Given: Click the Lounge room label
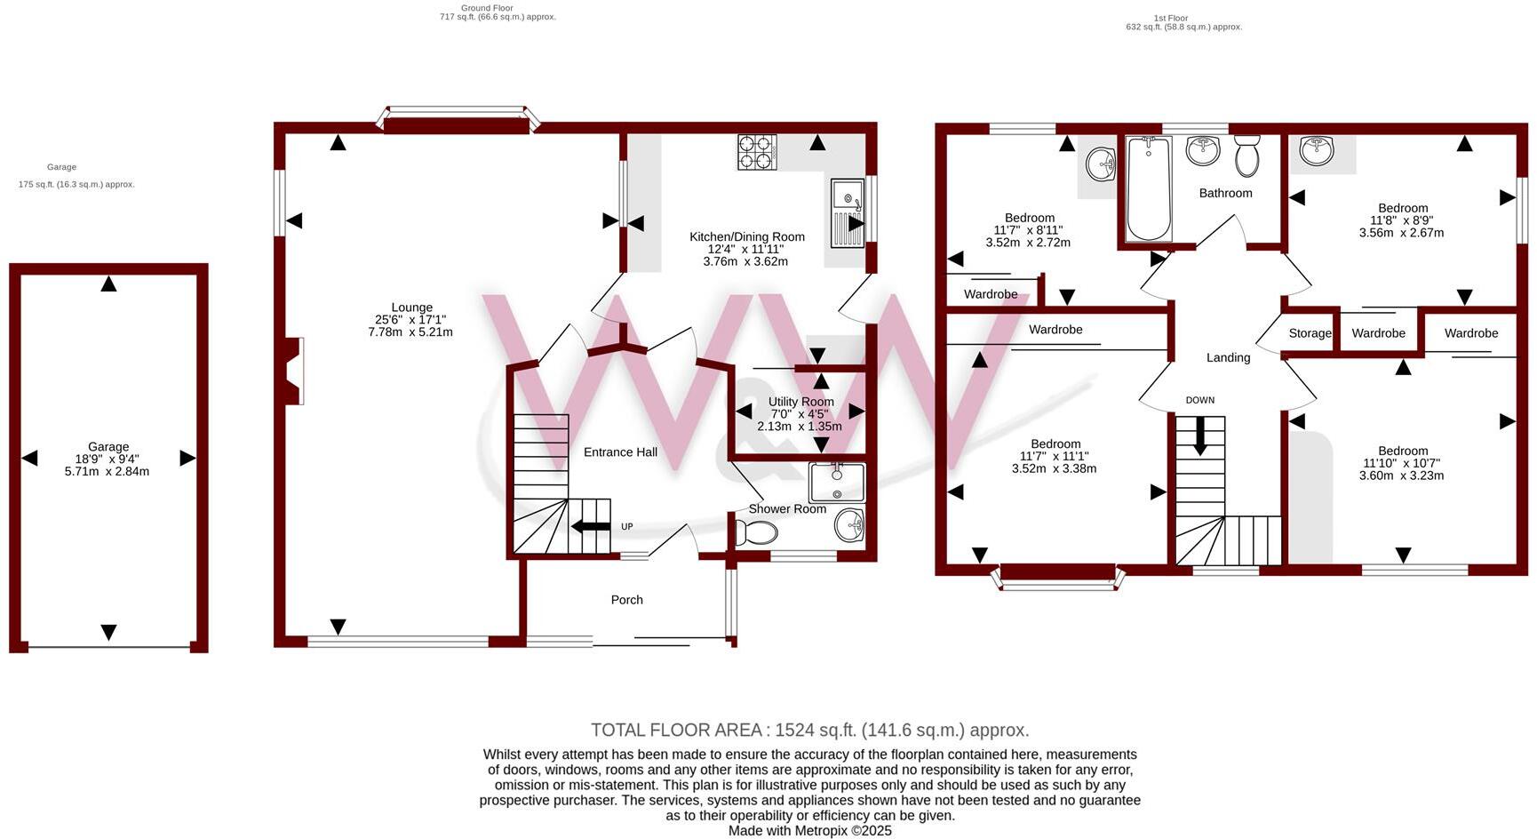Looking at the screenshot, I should point(411,308).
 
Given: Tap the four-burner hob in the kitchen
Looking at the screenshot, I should point(756,152).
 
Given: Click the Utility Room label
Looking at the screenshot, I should point(800,402).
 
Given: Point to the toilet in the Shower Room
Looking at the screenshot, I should point(756,532).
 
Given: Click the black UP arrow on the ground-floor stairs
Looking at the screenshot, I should point(590,527).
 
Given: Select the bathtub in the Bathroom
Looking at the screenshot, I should point(1148,188).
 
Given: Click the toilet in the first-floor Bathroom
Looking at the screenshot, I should point(1247,156).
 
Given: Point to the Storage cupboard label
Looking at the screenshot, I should point(1310,333).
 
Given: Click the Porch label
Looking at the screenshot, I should point(626,600).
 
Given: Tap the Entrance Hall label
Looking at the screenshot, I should point(620,452).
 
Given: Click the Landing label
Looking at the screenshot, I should point(1228,357).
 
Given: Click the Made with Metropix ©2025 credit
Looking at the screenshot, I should point(809,831).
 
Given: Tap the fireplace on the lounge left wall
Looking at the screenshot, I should point(294,371).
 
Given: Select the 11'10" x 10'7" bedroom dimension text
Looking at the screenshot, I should point(1401,463).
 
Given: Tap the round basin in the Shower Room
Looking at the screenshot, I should point(848,524).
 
